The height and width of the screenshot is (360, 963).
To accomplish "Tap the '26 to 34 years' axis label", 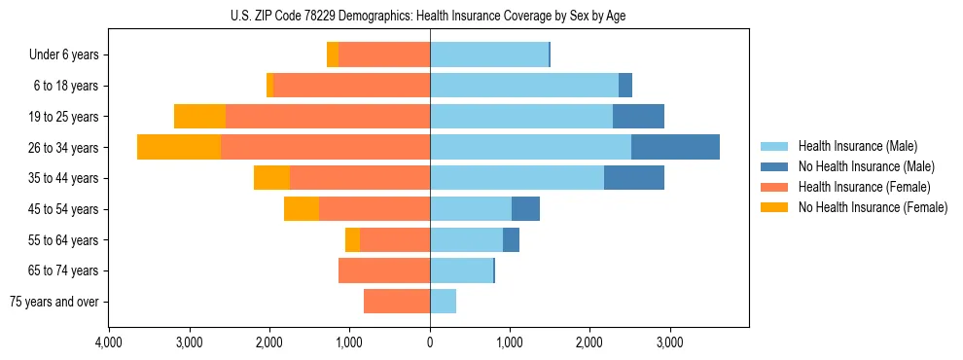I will point(65,148).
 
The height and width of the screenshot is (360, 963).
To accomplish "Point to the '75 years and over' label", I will point(54,302).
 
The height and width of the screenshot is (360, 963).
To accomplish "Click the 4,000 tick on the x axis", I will point(109,343).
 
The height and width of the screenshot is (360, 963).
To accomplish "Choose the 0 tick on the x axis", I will point(430,343).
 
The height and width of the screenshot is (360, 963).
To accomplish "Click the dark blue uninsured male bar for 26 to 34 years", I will point(675,147).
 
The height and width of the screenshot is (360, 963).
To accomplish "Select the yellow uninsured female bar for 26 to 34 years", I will point(179,147).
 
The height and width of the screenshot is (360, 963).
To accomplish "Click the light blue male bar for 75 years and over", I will point(443,302).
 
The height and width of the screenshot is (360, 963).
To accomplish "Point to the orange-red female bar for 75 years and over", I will point(397,302).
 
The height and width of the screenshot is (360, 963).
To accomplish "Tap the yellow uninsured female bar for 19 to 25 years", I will point(199,117).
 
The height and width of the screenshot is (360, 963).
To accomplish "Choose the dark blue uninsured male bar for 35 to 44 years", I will point(633,178).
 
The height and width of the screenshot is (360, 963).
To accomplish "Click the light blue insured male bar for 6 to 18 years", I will point(524,86).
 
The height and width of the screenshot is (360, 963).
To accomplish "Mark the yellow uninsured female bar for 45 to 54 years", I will point(302,209).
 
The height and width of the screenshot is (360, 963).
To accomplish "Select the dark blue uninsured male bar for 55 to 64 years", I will point(511,240).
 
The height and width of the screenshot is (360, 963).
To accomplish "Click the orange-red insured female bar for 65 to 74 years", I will point(384,270).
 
